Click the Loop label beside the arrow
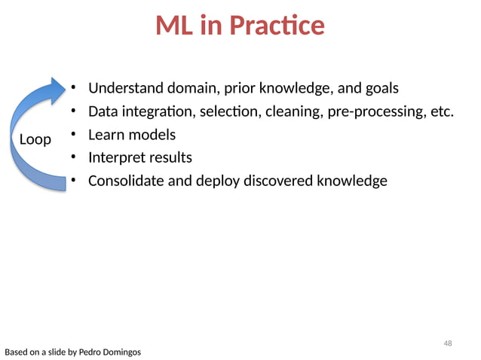[35, 139]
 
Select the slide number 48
[448, 343]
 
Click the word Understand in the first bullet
[125, 89]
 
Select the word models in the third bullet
[153, 135]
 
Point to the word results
[170, 158]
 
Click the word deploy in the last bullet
[217, 182]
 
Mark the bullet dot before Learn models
[74, 135]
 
